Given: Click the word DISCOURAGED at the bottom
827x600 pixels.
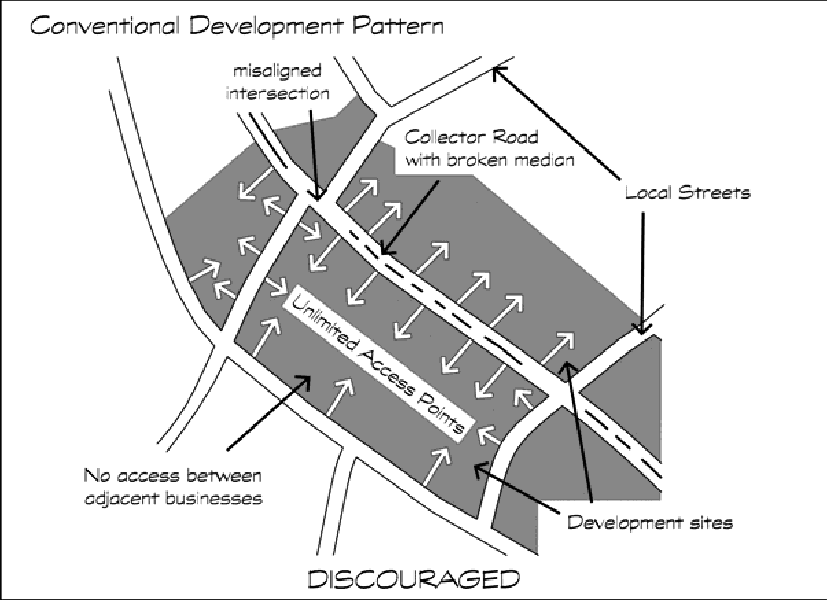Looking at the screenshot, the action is coord(413,579).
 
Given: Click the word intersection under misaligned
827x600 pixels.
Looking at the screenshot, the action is coord(277,93).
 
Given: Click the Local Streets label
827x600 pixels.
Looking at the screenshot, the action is coord(687,192).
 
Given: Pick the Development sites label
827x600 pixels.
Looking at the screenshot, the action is coord(650,523).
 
